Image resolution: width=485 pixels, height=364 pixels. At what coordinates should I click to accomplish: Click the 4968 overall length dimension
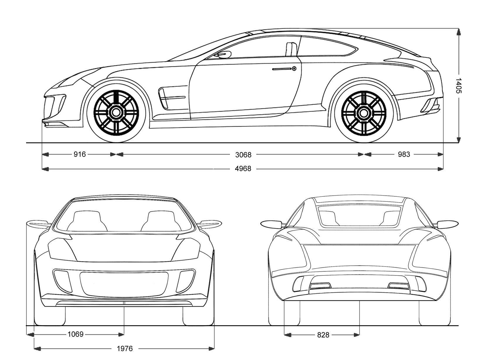[243, 169]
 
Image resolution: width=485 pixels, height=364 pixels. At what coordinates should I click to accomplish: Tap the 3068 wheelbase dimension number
[243, 155]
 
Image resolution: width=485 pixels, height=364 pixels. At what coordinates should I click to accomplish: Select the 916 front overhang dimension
[79, 154]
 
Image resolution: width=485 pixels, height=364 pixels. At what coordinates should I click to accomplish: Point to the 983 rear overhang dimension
[404, 154]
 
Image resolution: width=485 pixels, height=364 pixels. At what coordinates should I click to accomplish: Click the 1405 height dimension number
[459, 85]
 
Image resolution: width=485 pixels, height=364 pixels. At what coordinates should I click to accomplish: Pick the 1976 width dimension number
[125, 349]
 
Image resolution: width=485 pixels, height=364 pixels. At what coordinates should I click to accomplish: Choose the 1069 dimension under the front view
[76, 334]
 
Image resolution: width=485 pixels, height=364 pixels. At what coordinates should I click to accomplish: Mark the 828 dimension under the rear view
[323, 335]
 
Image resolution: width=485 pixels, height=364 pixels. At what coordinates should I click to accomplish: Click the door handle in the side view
[284, 69]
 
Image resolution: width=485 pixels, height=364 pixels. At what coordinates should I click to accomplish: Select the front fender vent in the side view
[164, 98]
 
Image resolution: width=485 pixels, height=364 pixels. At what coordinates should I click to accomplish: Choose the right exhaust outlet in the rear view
[398, 286]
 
